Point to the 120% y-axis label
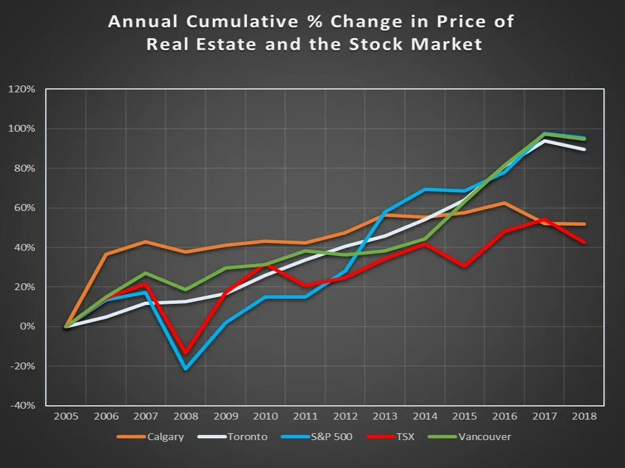coord(22,89)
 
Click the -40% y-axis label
coord(22,405)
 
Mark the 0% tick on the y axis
coord(27,327)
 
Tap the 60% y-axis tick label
coord(24,208)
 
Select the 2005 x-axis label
coord(66,416)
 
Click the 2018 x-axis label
coord(585,416)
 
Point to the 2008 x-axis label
coord(186,416)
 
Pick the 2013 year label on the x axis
coord(385,416)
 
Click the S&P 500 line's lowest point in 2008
coord(185,369)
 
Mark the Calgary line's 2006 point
coord(106,254)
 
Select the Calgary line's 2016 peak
coord(504,203)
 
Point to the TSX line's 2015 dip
coord(465,266)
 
